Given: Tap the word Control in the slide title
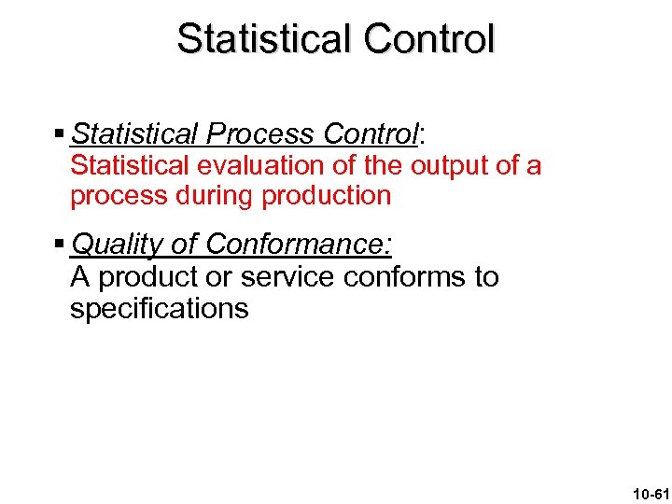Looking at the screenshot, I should tap(429, 39).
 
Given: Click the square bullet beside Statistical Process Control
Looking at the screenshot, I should tap(60, 134).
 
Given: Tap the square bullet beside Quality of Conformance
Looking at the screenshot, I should tap(60, 245).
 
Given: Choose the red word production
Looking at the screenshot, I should tap(327, 196).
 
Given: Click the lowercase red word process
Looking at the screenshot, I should tap(114, 197).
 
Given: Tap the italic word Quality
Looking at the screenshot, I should tap(118, 245).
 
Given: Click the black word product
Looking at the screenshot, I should tap(146, 277).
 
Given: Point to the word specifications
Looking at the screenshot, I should tap(159, 309).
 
